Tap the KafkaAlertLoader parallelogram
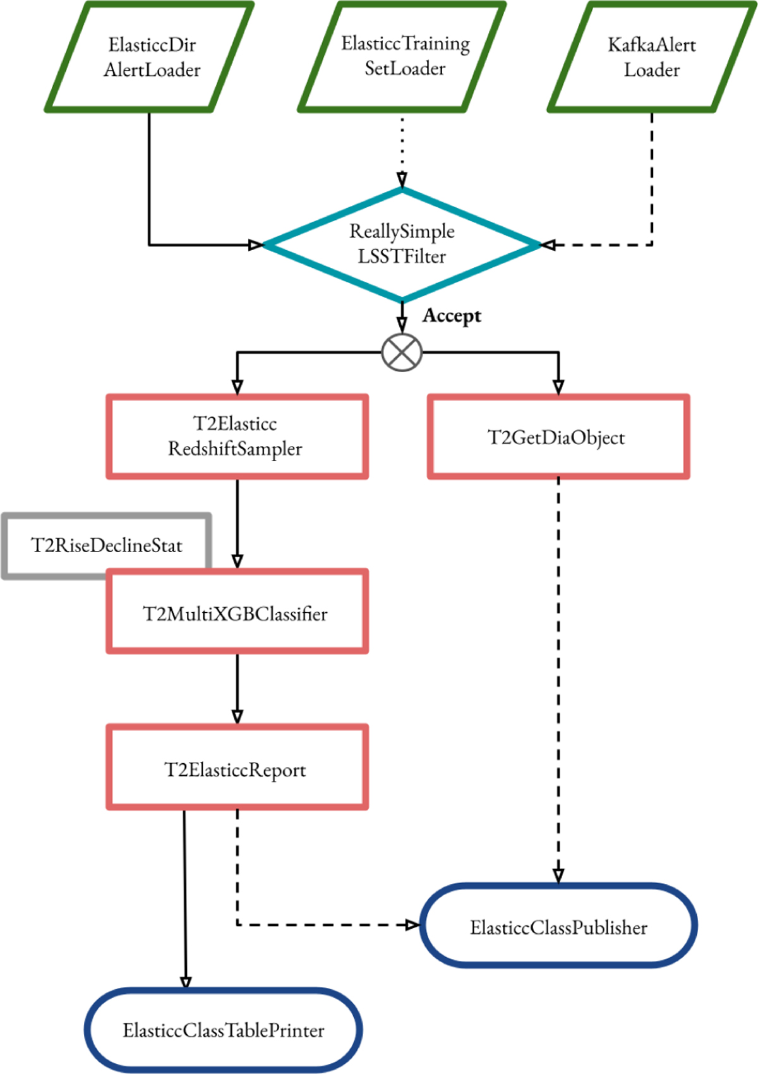(651, 57)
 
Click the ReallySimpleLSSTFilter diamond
(402, 244)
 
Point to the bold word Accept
(452, 315)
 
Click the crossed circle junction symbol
(402, 352)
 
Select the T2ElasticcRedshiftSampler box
(237, 437)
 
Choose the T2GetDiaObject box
(558, 437)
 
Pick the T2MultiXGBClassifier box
(237, 613)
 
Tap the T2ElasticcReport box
(237, 768)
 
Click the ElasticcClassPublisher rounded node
(558, 926)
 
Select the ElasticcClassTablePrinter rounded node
(224, 1030)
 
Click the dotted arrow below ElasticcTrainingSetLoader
(402, 148)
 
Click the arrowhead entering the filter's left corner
(256, 244)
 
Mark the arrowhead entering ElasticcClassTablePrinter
(186, 982)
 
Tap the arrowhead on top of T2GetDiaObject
(558, 386)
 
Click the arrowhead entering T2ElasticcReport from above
(238, 716)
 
